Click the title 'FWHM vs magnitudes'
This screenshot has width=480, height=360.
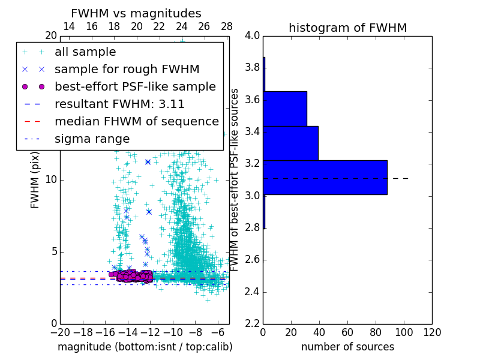coord(136,13)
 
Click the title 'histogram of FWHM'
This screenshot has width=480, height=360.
coord(347,28)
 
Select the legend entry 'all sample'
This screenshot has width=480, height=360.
coord(85,52)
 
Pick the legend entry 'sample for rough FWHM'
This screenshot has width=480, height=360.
coord(127,69)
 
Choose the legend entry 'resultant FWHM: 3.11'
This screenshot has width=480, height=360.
coord(119,104)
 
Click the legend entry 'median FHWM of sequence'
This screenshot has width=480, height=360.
coord(136,121)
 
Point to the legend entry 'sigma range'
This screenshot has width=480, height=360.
coord(92,139)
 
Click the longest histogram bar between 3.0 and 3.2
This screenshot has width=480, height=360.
coord(325,178)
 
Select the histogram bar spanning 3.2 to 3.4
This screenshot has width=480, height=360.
coord(291,143)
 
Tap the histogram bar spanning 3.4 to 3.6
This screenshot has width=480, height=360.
coord(285,109)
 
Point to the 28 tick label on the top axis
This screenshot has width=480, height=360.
coord(227,26)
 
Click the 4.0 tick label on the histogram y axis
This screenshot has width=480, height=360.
coord(252,35)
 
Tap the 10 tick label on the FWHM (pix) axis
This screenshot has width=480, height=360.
coord(51,179)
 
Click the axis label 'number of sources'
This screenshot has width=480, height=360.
coord(347,347)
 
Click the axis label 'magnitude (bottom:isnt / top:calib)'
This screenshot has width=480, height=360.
coord(145,347)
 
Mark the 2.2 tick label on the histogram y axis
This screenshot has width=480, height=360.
coord(252,323)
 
